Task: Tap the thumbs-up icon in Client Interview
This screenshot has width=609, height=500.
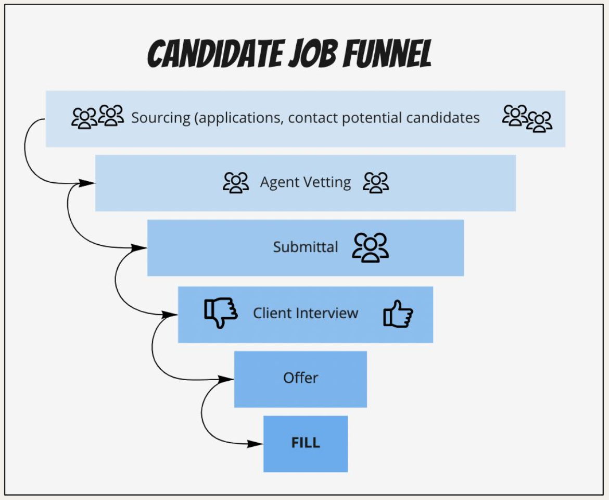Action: pyautogui.click(x=398, y=314)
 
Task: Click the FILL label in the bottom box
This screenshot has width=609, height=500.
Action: pyautogui.click(x=306, y=443)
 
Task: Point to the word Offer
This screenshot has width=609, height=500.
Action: pyautogui.click(x=300, y=378)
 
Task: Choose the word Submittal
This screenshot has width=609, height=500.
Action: pyautogui.click(x=306, y=247)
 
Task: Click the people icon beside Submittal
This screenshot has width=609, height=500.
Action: pyautogui.click(x=370, y=247)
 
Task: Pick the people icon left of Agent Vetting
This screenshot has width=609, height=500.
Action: pyautogui.click(x=236, y=182)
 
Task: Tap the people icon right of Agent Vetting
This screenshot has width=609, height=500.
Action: pyautogui.click(x=376, y=182)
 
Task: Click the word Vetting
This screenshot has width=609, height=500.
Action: pyautogui.click(x=328, y=183)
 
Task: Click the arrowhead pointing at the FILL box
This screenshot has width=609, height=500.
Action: pyautogui.click(x=256, y=444)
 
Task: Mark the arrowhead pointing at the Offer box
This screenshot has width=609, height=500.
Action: pyautogui.click(x=226, y=379)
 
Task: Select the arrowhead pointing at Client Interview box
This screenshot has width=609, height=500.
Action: pyautogui.click(x=170, y=314)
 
